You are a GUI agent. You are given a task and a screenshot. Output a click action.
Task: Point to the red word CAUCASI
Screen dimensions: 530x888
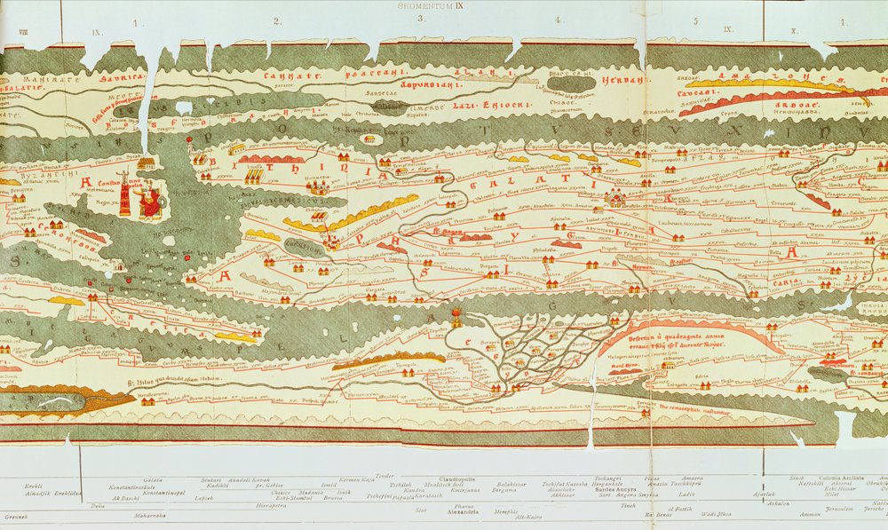[x=699, y=91]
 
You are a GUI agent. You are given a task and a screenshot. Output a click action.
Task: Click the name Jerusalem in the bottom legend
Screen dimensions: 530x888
[x=840, y=509]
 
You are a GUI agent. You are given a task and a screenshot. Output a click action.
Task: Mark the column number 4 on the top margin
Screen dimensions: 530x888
[x=558, y=20]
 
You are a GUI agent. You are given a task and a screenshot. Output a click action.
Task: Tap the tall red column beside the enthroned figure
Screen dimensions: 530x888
[x=125, y=200]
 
